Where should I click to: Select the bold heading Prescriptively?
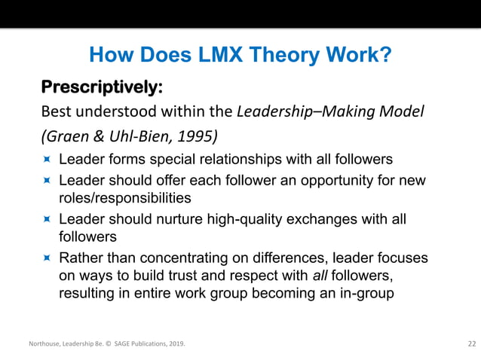click(x=102, y=87)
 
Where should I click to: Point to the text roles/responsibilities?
click(x=124, y=198)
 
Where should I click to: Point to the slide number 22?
click(x=471, y=344)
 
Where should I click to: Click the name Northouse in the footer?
click(x=46, y=344)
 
